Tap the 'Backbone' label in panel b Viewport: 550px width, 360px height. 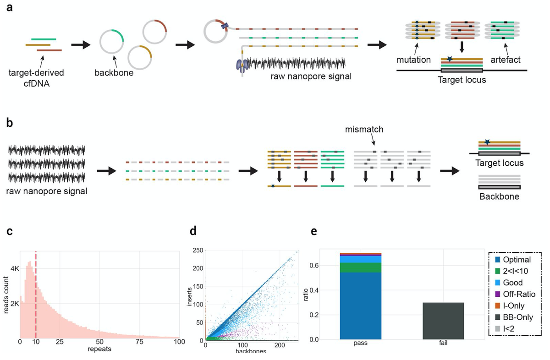[499, 198]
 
